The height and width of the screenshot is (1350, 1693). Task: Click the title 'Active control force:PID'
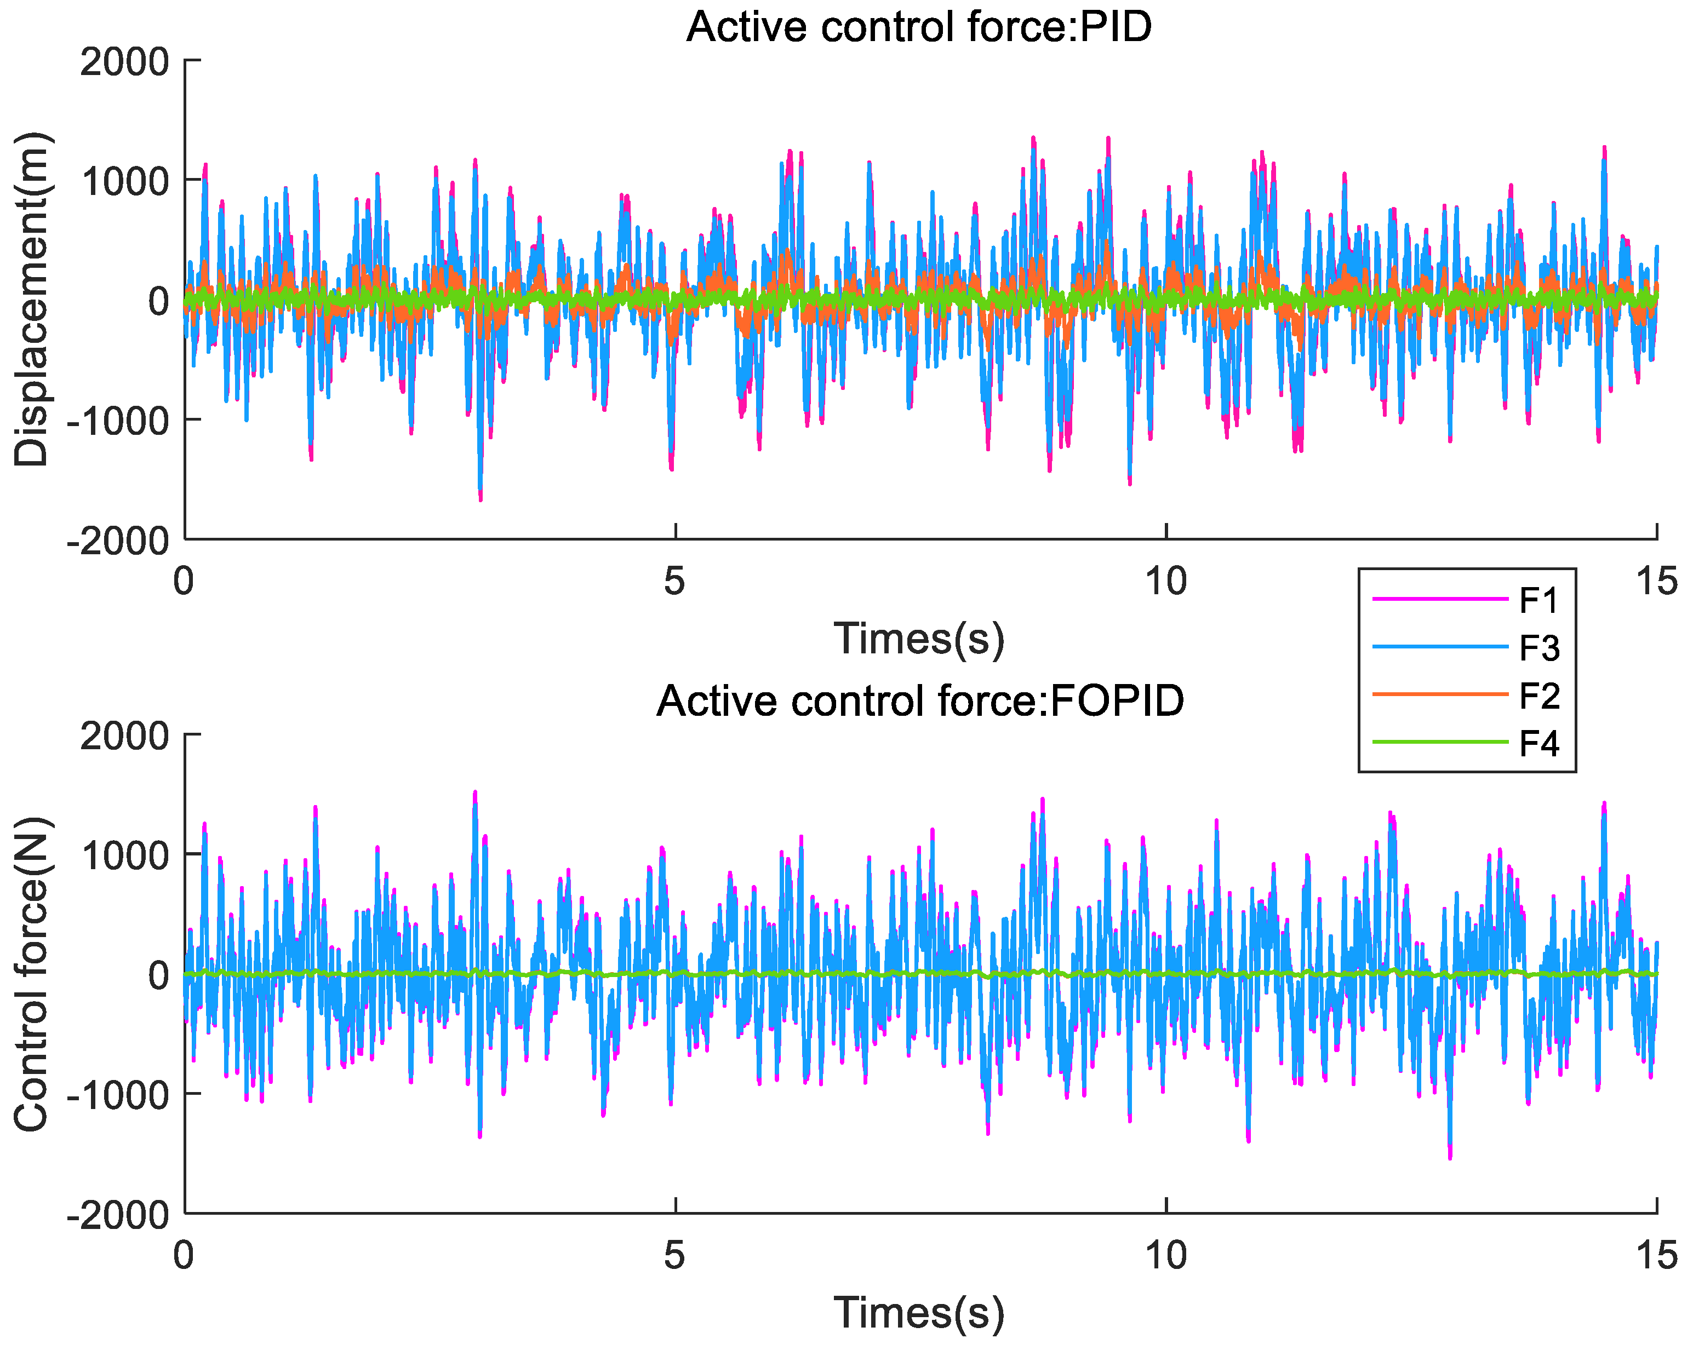(919, 27)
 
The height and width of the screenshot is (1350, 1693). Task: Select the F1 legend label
(1538, 600)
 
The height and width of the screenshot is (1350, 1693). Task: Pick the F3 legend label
(1538, 648)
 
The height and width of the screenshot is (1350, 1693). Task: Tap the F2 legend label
(1538, 696)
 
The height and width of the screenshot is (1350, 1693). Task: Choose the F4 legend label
(1538, 743)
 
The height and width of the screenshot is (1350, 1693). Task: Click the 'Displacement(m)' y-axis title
(31, 300)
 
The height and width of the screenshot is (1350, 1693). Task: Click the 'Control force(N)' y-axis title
(31, 974)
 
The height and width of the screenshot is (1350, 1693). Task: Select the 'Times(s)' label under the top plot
(919, 638)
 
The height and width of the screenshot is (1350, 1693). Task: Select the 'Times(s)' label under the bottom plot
(919, 1312)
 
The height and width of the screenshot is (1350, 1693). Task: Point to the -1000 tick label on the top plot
(118, 422)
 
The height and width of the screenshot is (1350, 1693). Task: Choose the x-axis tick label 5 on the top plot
(674, 582)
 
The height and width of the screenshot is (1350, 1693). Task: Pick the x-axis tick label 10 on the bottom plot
(1165, 1256)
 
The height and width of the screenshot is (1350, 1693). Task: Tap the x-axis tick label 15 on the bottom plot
(1657, 1256)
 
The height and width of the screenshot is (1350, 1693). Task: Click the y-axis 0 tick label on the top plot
(159, 301)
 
